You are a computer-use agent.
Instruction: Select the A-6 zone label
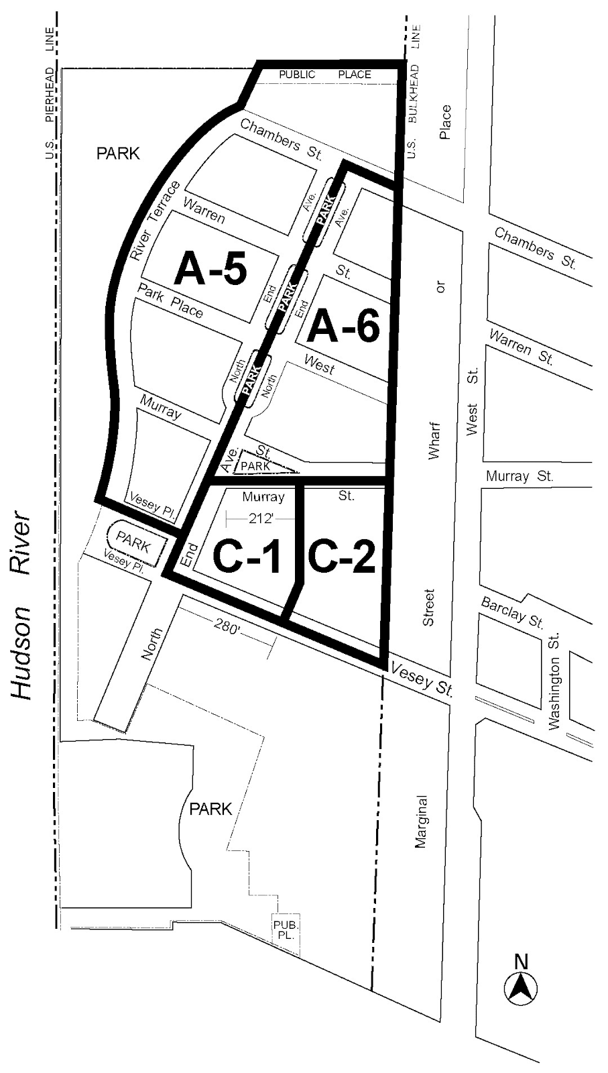[343, 327]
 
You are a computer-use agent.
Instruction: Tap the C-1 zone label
[246, 556]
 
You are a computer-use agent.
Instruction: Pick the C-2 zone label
[341, 556]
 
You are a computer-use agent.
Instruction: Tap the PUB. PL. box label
[285, 929]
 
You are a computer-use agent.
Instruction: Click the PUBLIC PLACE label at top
[325, 74]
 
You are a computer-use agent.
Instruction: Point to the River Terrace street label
[155, 221]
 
